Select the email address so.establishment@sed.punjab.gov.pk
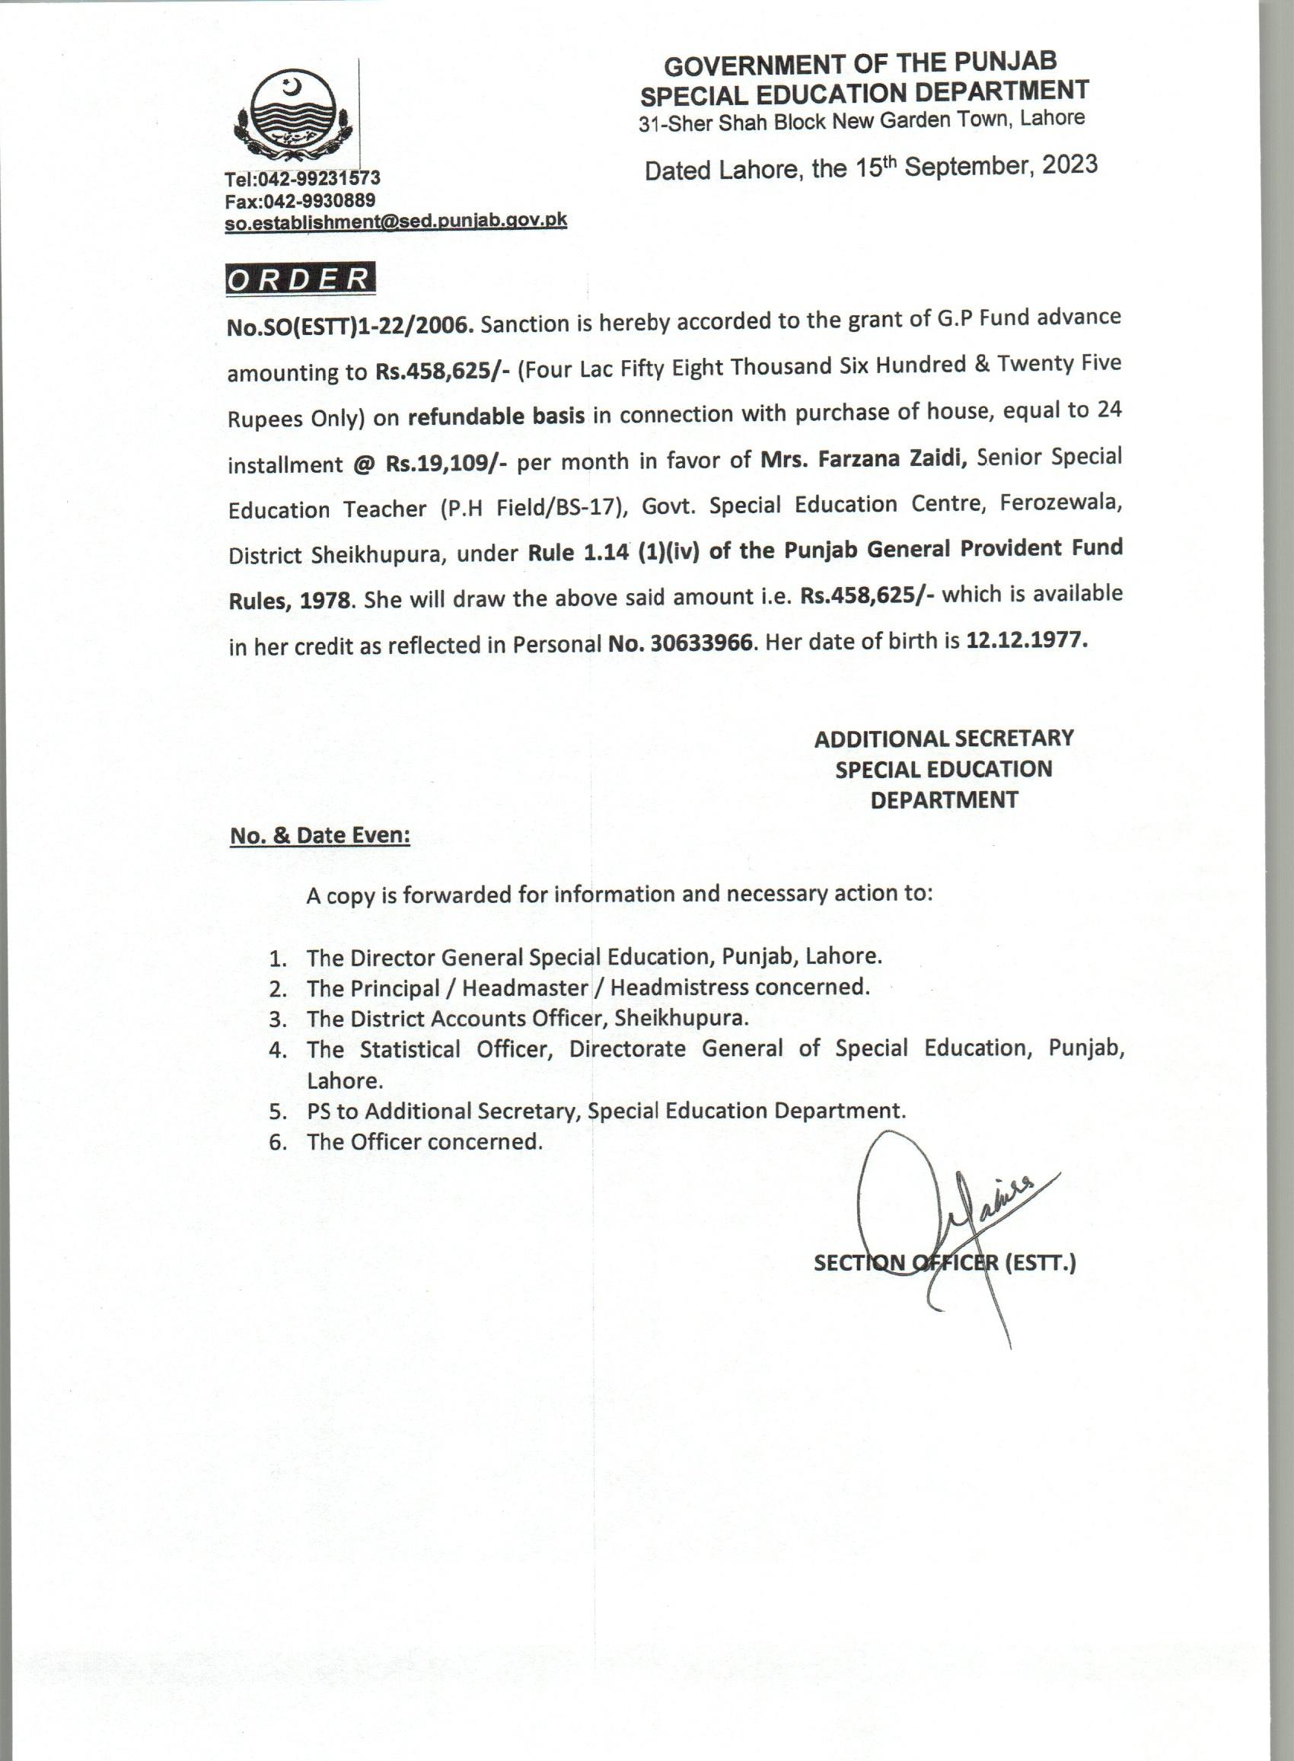point(396,221)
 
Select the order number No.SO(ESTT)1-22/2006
point(350,325)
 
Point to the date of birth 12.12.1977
point(1027,640)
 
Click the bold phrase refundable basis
point(496,416)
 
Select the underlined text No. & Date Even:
point(320,836)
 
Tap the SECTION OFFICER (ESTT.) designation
point(945,1263)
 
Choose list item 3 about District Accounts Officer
point(527,1019)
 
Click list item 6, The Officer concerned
point(424,1141)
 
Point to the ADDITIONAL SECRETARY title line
point(943,738)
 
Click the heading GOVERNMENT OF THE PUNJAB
point(860,63)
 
